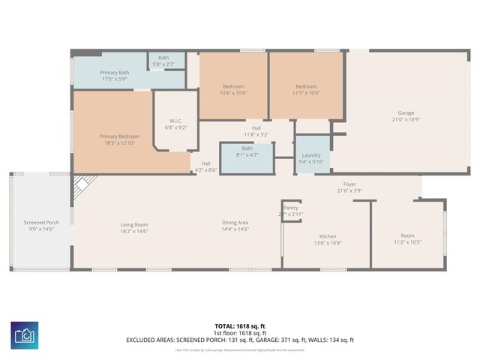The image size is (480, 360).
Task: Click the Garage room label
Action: pos(406,112)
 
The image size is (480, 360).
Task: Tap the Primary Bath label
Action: pos(115,72)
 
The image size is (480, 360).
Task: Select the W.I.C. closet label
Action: pos(175,121)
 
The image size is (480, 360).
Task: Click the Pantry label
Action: pos(291,208)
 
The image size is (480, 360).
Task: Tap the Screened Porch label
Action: pos(41,223)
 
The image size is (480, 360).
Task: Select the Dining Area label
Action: pos(235,223)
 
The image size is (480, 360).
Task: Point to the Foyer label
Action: pos(350,184)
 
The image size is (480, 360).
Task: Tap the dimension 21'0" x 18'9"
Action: pos(406,119)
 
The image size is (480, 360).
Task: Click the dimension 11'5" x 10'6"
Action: pos(306,93)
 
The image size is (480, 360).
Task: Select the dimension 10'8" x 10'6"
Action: pos(233,93)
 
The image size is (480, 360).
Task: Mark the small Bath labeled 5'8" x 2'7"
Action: pos(163,64)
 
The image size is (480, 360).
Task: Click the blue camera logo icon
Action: pos(25,334)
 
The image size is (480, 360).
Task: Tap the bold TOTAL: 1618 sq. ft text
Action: pos(240,326)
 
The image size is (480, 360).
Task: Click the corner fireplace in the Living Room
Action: pos(82,184)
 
